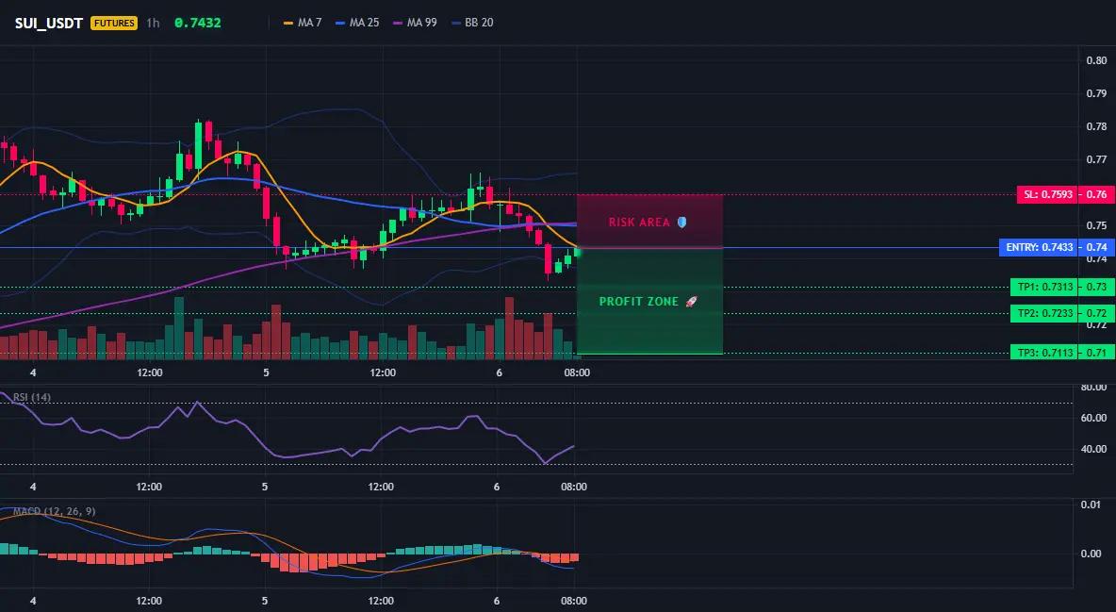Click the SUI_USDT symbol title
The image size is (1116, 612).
pos(49,23)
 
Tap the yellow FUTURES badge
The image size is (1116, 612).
pos(114,23)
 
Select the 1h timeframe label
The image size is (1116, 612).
pos(153,23)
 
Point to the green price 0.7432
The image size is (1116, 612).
pos(198,23)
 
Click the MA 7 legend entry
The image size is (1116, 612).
pos(303,23)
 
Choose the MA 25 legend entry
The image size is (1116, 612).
pos(357,23)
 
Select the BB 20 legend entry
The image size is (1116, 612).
pos(472,23)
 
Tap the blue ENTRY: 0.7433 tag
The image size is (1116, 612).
pos(1039,247)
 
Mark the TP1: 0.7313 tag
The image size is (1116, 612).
pos(1044,287)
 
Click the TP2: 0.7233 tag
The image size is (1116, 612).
pos(1044,313)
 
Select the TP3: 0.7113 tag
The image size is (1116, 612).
pos(1044,353)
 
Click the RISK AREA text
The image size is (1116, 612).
pos(639,223)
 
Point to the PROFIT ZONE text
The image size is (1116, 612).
pos(639,302)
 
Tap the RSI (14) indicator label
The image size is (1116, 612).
pos(32,397)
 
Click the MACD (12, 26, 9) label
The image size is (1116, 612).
pos(54,511)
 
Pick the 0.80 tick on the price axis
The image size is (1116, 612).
pos(1097,60)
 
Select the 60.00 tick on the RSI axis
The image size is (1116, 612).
pos(1094,418)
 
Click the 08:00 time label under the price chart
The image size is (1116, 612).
pos(577,372)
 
